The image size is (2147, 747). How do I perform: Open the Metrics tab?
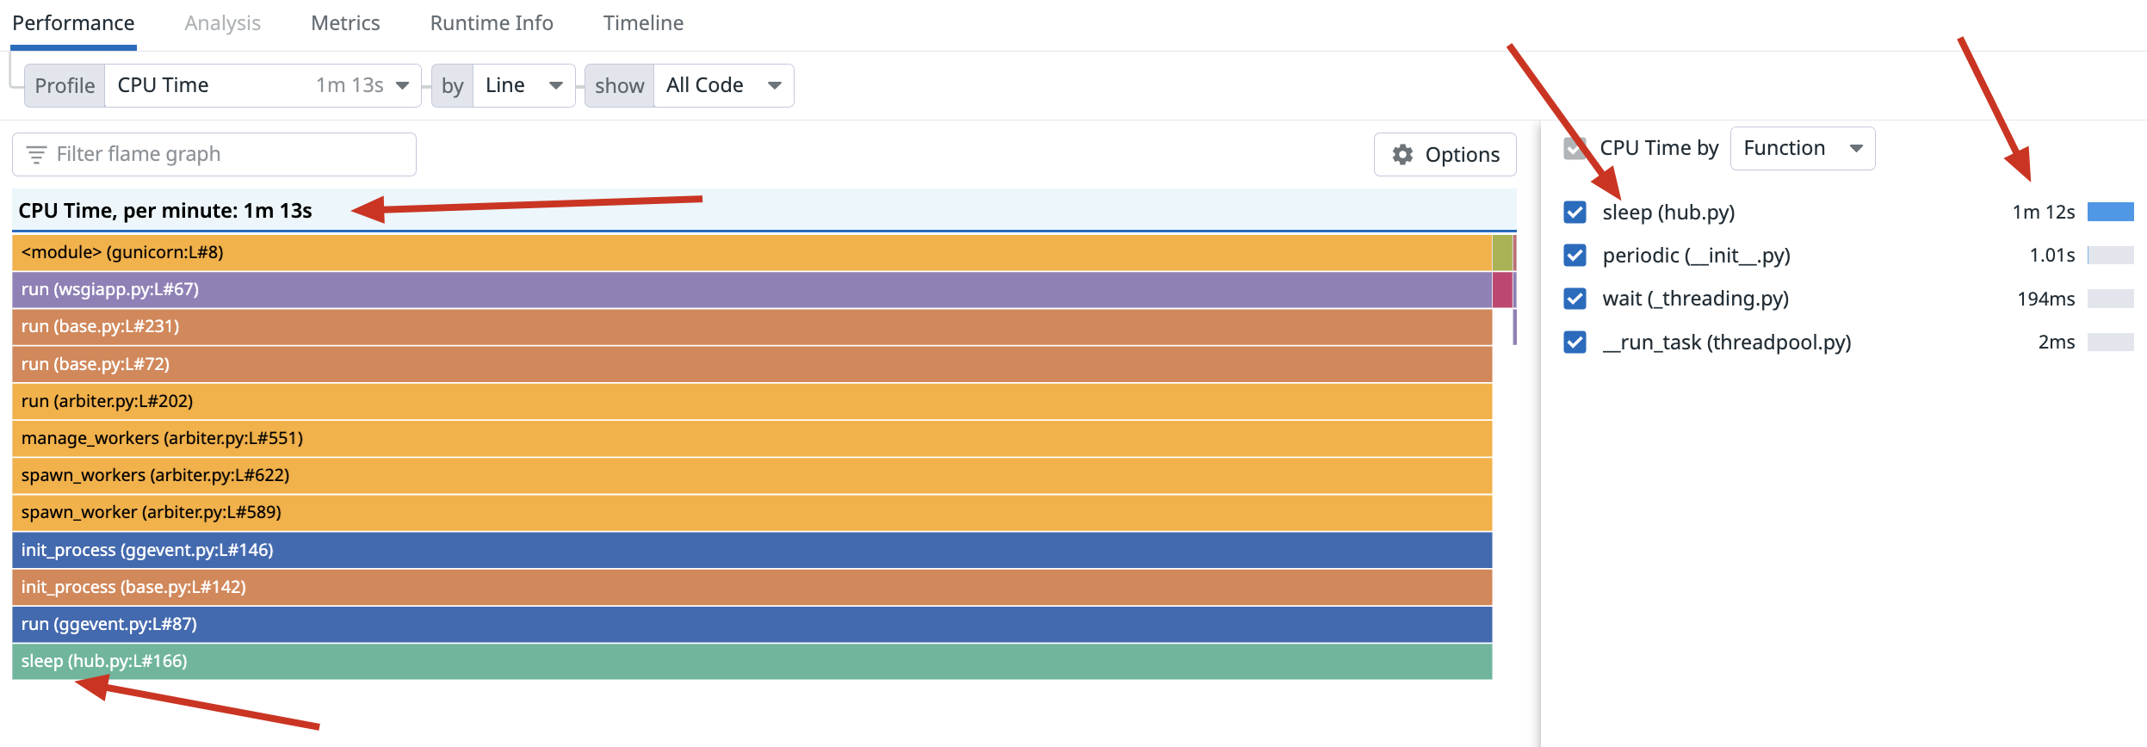click(x=345, y=23)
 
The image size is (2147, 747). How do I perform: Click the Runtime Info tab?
click(x=491, y=23)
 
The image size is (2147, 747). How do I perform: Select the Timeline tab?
click(x=643, y=23)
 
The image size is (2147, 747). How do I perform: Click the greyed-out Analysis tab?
click(x=222, y=23)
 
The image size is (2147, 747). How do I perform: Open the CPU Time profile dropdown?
click(x=262, y=85)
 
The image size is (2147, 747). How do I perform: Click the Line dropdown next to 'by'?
click(x=523, y=85)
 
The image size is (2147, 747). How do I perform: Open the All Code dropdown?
click(x=722, y=85)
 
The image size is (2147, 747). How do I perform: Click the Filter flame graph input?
click(x=224, y=154)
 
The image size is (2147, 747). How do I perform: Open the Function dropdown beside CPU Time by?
click(x=1801, y=148)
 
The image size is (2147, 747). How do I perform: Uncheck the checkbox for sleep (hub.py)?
click(x=1575, y=212)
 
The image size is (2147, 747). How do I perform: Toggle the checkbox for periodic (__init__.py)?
click(x=1575, y=255)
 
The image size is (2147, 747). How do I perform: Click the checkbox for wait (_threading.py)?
click(x=1575, y=299)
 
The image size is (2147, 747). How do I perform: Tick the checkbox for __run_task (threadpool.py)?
click(x=1575, y=342)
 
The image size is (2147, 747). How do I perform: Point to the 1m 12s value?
click(x=2043, y=212)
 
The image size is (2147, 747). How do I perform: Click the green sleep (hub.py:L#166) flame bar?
click(x=749, y=661)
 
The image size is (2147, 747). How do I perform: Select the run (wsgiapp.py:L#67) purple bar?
click(x=749, y=289)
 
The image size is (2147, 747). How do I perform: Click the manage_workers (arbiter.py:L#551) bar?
click(x=749, y=438)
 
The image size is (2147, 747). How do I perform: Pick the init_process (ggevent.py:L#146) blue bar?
click(x=749, y=550)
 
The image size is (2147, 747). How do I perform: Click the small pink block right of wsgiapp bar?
click(x=1502, y=289)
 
